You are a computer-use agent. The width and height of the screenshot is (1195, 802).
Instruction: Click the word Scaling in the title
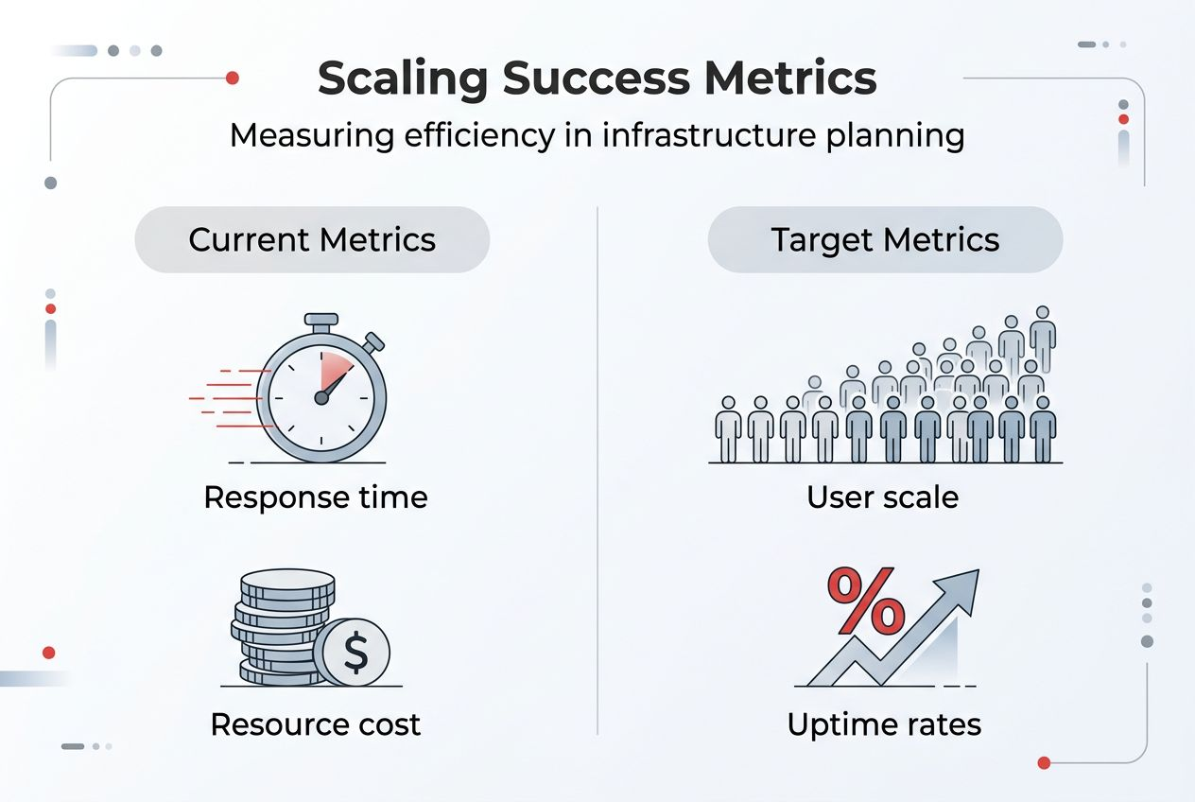point(401,79)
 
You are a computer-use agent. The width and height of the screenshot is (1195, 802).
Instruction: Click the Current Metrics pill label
point(312,239)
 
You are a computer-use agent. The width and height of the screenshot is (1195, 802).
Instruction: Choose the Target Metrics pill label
point(885,239)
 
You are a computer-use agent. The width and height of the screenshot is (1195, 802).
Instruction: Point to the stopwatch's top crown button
point(321,323)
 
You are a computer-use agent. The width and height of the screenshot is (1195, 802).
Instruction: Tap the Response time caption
point(316,497)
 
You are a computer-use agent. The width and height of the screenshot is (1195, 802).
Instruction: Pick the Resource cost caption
point(316,725)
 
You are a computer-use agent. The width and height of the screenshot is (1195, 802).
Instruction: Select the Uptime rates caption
point(884,725)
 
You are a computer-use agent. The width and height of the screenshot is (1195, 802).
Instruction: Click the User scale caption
point(883,497)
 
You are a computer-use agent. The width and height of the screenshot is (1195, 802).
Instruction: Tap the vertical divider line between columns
point(598,473)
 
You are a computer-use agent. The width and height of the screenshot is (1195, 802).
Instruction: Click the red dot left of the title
point(233,78)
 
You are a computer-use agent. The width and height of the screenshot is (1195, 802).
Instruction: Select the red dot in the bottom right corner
point(1044,762)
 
